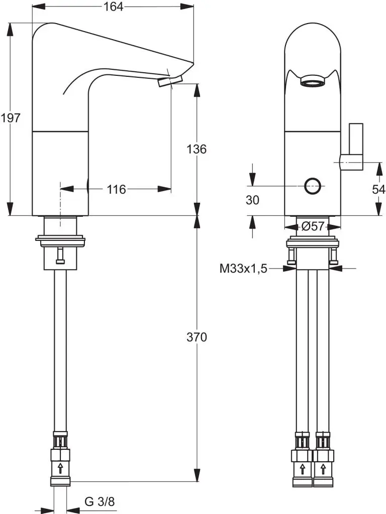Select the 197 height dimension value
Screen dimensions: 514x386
point(11,118)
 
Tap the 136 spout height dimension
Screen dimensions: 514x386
point(197,149)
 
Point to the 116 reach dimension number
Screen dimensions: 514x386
point(116,189)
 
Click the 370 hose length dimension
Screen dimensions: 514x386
point(197,337)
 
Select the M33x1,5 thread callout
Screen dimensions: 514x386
point(243,269)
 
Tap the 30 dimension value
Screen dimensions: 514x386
point(253,200)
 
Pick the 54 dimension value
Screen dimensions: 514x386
point(378,189)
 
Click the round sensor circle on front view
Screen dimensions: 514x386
point(313,186)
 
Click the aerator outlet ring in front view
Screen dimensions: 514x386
point(312,81)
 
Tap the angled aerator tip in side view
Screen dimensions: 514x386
point(170,81)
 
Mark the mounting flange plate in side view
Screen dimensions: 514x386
point(60,238)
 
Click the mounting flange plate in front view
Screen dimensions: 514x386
point(312,244)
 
